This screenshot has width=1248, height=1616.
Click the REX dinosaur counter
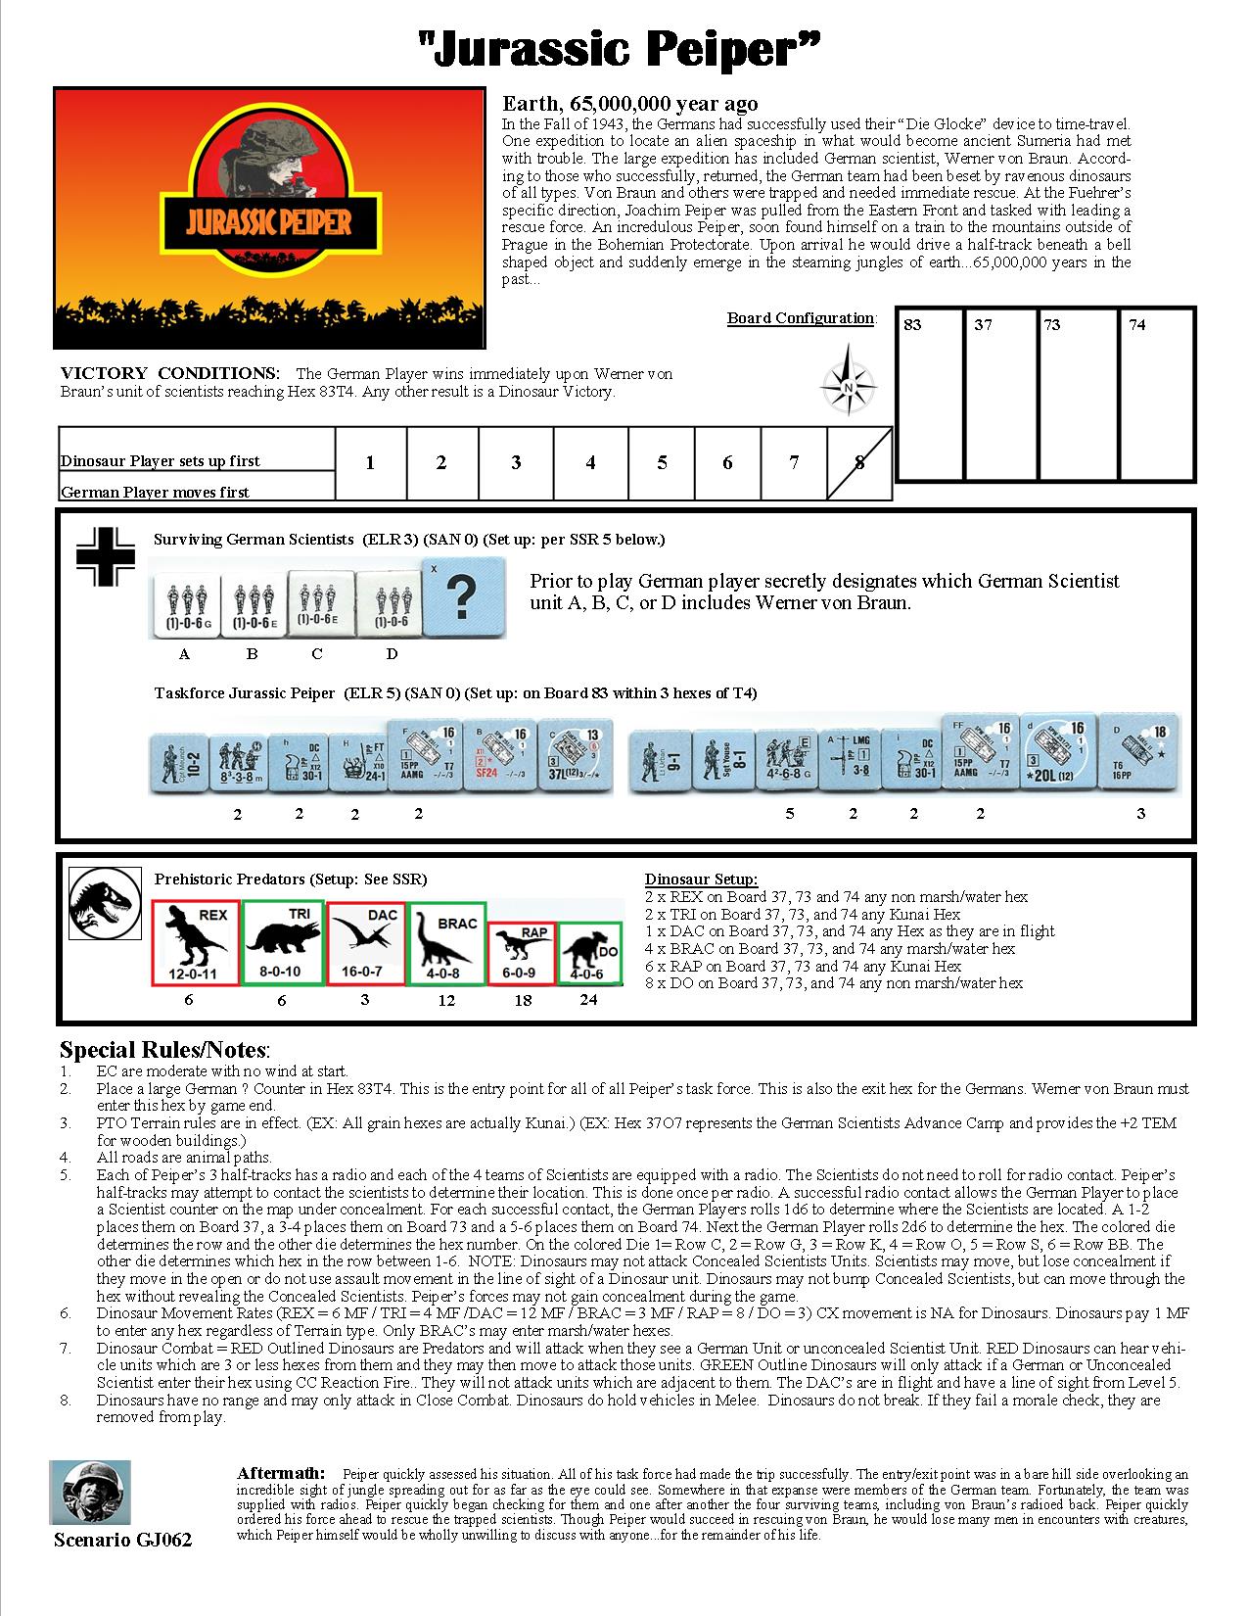click(x=196, y=943)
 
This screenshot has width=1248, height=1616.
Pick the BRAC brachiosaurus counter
click(x=446, y=943)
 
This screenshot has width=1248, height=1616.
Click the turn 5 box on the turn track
click(x=662, y=463)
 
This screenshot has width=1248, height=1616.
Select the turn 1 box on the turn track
click(x=370, y=463)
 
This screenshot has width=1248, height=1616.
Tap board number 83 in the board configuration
click(x=913, y=325)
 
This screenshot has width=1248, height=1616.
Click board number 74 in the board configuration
click(x=1136, y=325)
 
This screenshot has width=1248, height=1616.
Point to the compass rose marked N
click(x=848, y=385)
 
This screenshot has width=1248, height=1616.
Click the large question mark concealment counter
click(x=464, y=596)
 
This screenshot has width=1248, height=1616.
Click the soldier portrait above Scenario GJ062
click(x=89, y=1493)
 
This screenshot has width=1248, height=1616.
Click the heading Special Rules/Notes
click(x=164, y=1050)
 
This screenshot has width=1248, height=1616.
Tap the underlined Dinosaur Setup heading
click(x=701, y=879)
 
